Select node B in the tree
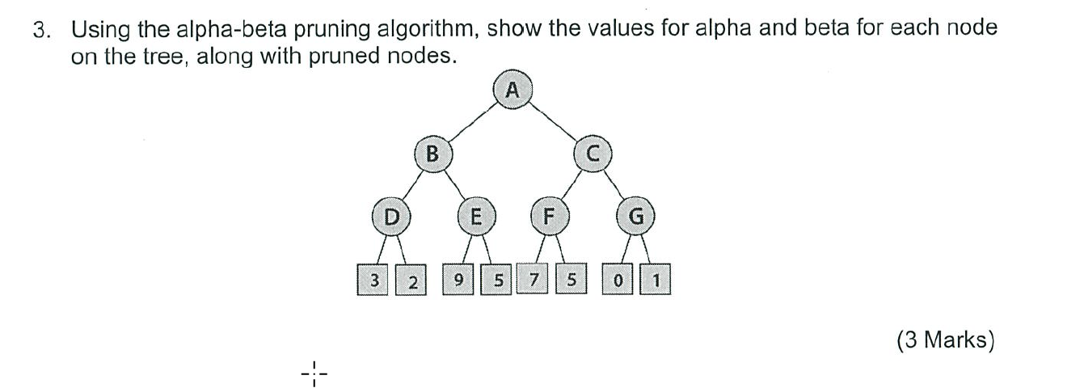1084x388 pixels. coord(432,154)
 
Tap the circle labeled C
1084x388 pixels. coord(592,154)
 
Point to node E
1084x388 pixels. coord(475,217)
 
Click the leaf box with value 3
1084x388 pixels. coord(373,281)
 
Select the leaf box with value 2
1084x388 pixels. coord(412,281)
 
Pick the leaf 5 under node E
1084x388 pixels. coord(497,281)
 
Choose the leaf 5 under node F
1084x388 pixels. coord(572,281)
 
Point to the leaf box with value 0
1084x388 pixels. coord(618,281)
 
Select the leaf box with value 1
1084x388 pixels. coord(656,281)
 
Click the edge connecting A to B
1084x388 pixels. coord(472,121)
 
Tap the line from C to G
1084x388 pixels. coord(614,187)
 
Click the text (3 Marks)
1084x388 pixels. coord(944,340)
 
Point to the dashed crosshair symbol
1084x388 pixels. coord(314,373)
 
